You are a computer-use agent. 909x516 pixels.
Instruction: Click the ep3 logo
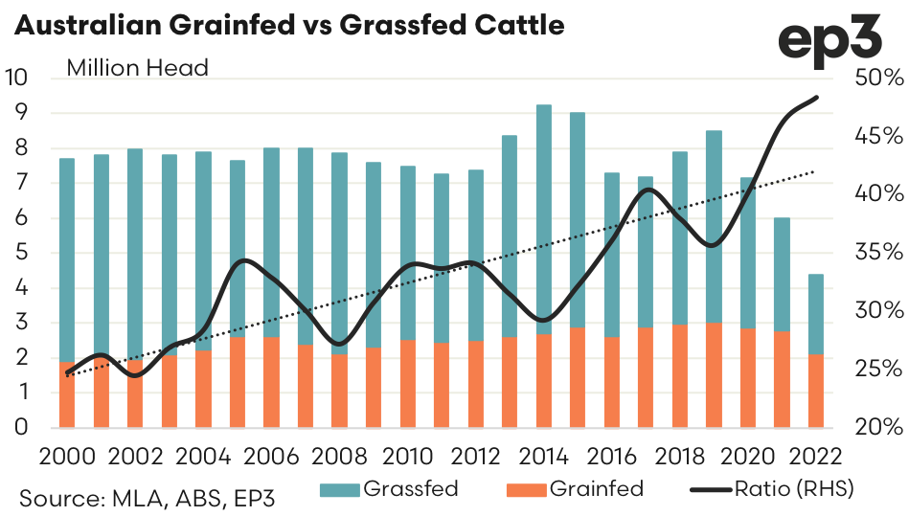click(x=834, y=39)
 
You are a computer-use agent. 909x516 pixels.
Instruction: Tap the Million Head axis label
click(x=137, y=68)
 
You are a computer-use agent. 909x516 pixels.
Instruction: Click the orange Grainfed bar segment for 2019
click(x=714, y=375)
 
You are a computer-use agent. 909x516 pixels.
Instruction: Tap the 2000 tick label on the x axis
click(x=66, y=454)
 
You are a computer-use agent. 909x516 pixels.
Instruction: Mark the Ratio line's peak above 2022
click(x=817, y=97)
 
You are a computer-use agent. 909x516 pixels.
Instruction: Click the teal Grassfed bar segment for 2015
click(x=578, y=220)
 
